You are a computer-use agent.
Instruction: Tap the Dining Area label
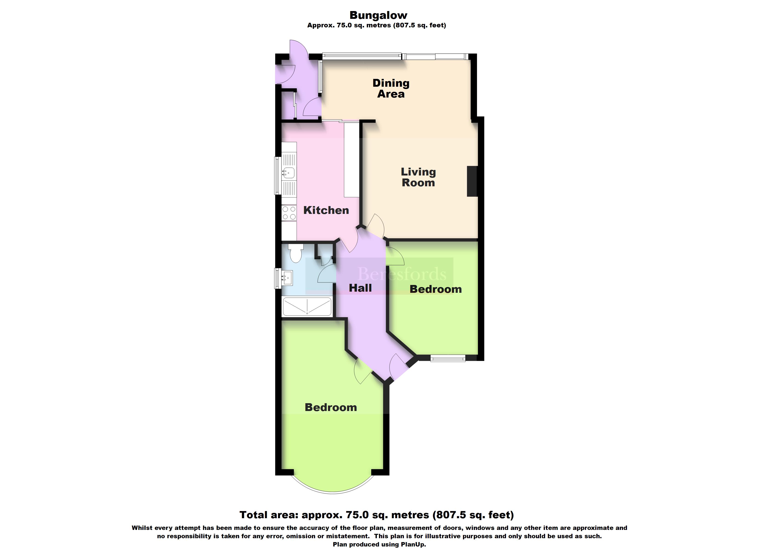click(391, 88)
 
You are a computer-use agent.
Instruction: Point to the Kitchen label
click(326, 210)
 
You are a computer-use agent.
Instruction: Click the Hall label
click(360, 288)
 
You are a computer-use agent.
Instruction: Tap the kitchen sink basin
click(54, 173)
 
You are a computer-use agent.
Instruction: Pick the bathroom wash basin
click(287, 278)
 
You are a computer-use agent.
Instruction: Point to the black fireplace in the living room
click(472, 181)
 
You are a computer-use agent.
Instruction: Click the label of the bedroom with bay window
click(331, 407)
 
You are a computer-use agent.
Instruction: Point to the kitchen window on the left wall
click(277, 175)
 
